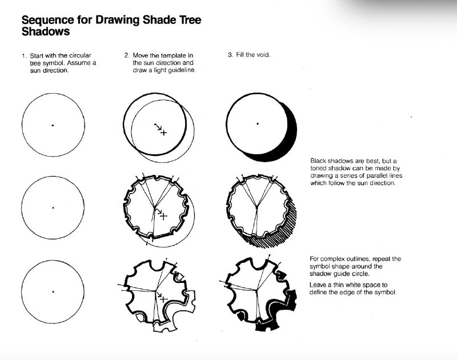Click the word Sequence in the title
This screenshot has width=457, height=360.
coord(48,20)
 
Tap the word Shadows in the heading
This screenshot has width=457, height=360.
coord(46,31)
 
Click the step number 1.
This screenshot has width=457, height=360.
coord(24,55)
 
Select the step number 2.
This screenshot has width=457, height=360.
coord(127,55)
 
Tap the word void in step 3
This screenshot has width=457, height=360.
coord(264,55)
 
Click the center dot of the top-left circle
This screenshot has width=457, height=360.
coord(53,125)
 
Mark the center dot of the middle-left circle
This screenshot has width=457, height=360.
coord(53,208)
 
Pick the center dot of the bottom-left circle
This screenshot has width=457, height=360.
coord(53,291)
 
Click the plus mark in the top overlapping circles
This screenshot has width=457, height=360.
coord(164,133)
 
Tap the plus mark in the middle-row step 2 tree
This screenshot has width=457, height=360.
coord(164,217)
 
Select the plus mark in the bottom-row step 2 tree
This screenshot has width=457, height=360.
coord(164,299)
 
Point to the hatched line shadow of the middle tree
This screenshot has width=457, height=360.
coord(284,230)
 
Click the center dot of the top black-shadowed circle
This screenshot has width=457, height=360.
coord(258,124)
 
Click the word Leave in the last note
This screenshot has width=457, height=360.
coord(318,285)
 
